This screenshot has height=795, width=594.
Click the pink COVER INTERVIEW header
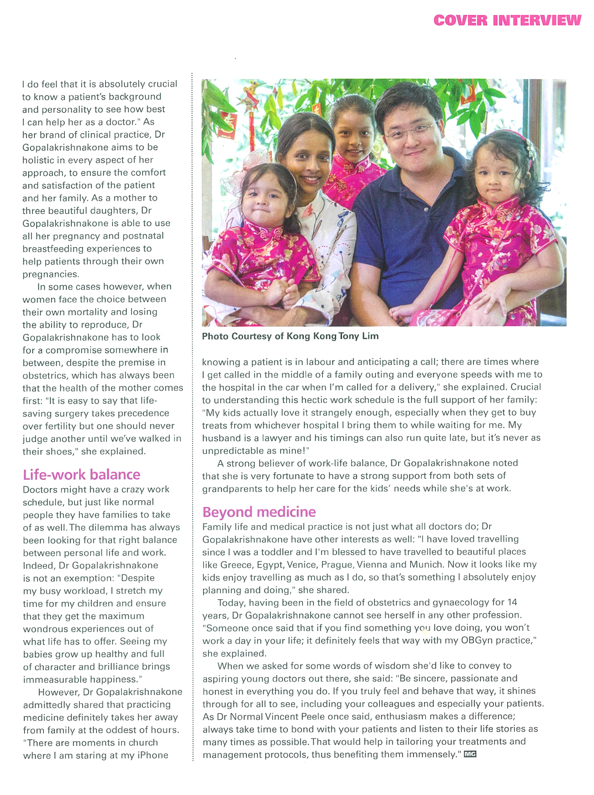507,20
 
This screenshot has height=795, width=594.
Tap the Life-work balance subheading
81,474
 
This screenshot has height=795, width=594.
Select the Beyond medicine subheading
259,512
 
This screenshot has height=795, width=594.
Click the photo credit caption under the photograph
290,336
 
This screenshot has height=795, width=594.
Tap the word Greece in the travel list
236,564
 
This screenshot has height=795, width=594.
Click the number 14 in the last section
512,602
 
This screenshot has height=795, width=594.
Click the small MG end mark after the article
470,754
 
